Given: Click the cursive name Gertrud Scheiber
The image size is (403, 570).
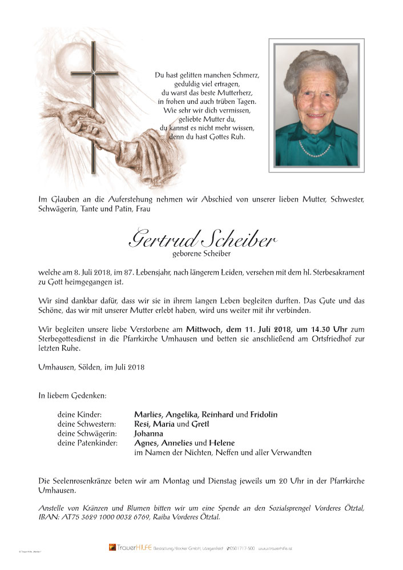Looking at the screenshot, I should [201, 239].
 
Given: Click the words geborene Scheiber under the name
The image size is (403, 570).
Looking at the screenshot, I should [201, 253].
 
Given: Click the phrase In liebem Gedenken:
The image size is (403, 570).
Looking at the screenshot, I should [72, 395].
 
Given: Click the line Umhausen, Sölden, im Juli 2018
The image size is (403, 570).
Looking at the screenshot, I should [91, 367].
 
